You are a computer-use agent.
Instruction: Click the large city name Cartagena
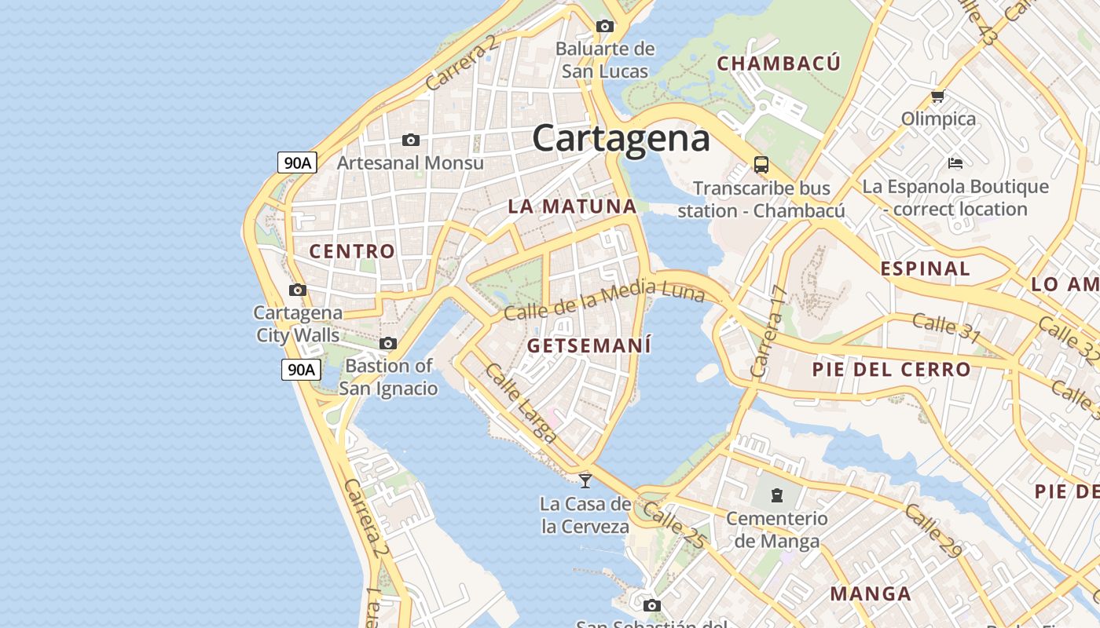click(x=621, y=139)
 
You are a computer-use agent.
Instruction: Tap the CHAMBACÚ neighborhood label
click(x=779, y=64)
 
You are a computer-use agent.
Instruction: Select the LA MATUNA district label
click(x=571, y=206)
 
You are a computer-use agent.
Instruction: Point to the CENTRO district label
click(x=352, y=251)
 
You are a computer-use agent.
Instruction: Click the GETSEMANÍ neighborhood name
click(x=589, y=345)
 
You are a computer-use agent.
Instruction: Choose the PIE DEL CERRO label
click(x=891, y=369)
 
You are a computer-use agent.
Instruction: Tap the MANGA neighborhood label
click(x=871, y=593)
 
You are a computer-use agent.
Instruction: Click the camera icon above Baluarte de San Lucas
click(x=604, y=26)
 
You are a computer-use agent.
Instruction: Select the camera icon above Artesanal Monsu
click(x=410, y=141)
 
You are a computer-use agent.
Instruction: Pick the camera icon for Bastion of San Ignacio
click(x=388, y=344)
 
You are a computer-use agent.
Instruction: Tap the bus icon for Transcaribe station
click(x=761, y=165)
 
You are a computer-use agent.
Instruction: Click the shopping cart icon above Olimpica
click(x=937, y=97)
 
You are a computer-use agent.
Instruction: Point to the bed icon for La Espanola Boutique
click(x=955, y=163)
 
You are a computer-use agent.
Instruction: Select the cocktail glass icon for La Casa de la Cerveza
click(x=585, y=480)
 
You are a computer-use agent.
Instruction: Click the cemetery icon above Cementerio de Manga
click(x=776, y=495)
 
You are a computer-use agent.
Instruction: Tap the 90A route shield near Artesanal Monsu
click(x=298, y=162)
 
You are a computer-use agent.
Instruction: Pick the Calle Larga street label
click(x=520, y=403)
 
